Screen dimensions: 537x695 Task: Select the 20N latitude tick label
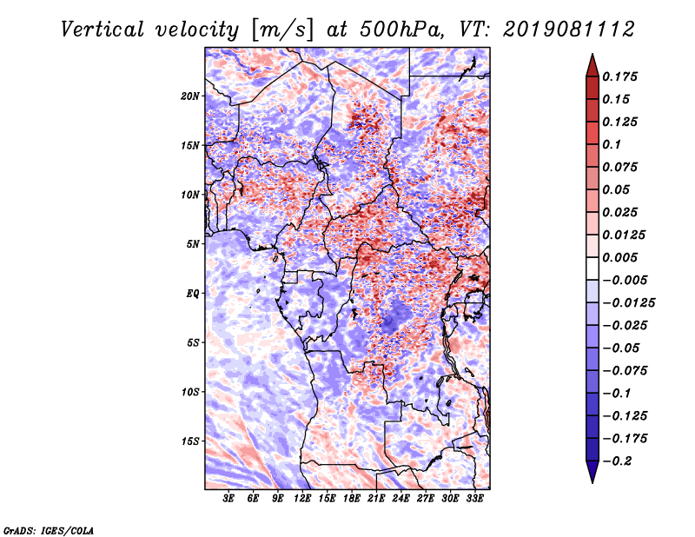190,96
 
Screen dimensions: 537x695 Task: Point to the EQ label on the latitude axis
193,293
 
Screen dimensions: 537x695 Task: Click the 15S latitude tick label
190,441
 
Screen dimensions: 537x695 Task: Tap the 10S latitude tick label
190,392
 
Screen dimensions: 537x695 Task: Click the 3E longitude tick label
229,499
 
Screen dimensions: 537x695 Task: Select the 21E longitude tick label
376,499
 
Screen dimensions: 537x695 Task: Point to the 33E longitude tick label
474,499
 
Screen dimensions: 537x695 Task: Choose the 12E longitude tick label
303,499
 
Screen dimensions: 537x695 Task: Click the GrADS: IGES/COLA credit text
49,529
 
